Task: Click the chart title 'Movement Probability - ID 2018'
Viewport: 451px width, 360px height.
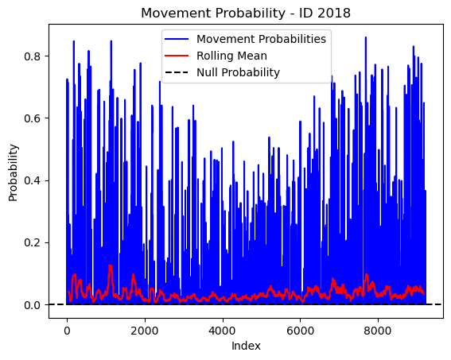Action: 246,14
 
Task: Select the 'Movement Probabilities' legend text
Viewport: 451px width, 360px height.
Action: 261,39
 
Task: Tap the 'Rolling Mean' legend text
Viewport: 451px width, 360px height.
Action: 231,56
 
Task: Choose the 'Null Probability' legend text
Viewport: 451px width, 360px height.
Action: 238,72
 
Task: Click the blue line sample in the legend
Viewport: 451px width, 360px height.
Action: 177,39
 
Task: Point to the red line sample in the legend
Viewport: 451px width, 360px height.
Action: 177,56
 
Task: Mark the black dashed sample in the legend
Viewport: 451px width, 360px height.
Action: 177,72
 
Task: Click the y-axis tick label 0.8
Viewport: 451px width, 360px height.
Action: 32,56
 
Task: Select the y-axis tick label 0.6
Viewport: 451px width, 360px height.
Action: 32,118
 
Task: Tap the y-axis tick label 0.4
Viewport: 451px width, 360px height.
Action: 32,180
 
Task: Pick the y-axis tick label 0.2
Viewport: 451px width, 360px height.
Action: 32,242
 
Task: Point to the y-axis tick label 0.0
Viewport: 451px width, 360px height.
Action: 32,305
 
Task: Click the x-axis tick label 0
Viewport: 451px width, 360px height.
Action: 67,331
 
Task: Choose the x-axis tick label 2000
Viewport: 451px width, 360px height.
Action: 145,331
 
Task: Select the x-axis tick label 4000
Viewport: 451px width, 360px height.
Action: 223,331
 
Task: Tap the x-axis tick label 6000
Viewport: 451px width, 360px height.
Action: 300,331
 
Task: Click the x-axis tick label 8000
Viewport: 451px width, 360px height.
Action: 378,331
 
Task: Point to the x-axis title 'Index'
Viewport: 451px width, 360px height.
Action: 246,346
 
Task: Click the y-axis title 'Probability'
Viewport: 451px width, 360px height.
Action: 14,172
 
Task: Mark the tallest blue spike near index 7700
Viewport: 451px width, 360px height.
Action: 366,37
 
